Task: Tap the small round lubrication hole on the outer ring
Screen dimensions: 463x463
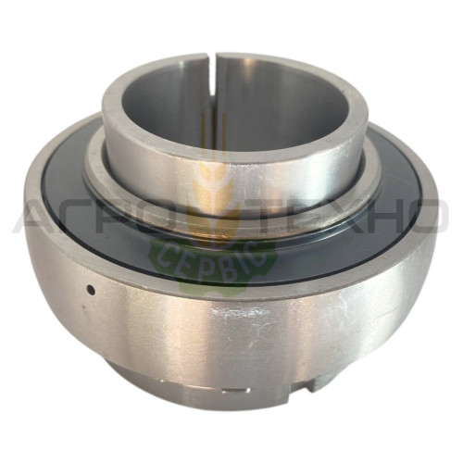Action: pyautogui.click(x=91, y=290)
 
